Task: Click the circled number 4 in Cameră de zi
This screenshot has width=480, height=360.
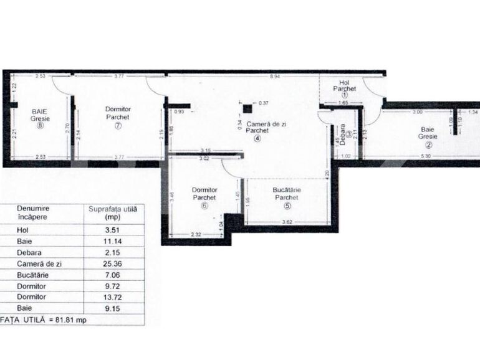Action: click(256, 139)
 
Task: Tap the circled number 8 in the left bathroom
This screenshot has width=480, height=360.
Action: click(39, 124)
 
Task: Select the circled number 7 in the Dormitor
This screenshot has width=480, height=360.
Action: click(117, 125)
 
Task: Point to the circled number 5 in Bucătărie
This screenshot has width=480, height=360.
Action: click(287, 206)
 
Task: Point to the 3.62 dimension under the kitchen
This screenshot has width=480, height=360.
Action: click(287, 222)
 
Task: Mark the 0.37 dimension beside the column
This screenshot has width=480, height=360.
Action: click(264, 103)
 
